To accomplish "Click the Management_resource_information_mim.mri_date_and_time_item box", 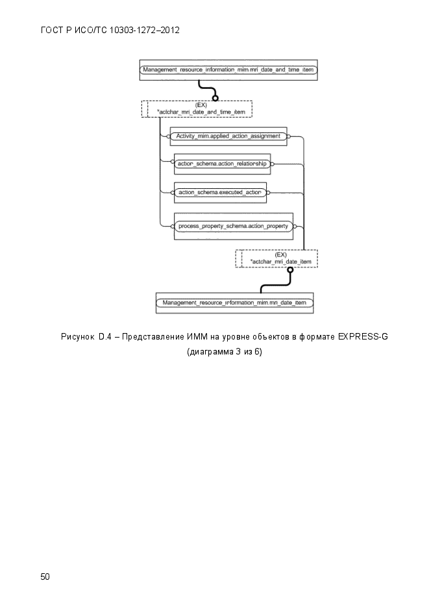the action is coord(228,69).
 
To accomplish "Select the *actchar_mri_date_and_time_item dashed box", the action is coord(197,109).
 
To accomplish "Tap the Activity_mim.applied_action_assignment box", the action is coord(228,136).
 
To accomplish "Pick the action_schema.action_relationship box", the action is coord(222,164).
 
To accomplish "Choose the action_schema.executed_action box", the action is coord(220,192).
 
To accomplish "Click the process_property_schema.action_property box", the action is coord(233,226).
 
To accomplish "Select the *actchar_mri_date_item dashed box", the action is coord(276,258).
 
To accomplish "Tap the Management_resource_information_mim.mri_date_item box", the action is coord(234,303).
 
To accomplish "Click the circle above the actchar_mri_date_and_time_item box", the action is coord(215,98).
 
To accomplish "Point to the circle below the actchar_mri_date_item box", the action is coord(290,270).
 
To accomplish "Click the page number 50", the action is coord(45,576).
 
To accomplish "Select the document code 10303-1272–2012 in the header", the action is coord(145,31).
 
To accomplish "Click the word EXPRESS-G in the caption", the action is coord(363,337).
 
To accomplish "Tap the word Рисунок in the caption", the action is coord(78,337).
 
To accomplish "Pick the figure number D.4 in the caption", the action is coord(105,337).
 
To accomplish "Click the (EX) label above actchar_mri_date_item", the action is coord(281,254).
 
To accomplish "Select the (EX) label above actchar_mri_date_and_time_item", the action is coord(201,105).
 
